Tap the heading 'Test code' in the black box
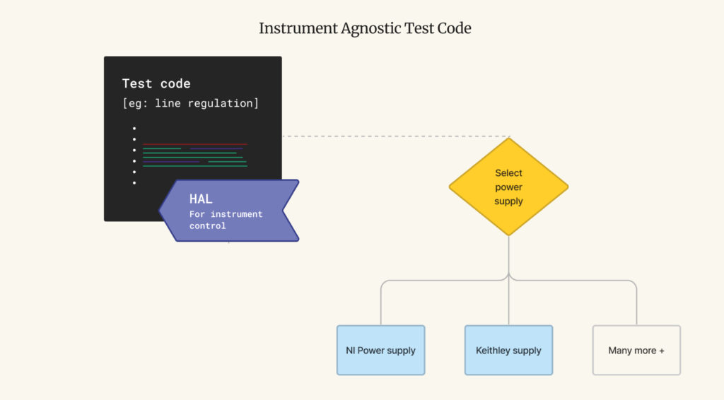coord(156,83)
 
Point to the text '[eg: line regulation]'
coord(191,103)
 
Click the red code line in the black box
coord(195,144)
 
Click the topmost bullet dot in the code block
coord(134,128)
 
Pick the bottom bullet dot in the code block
coord(134,183)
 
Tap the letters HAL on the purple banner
coord(201,199)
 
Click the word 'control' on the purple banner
coord(208,226)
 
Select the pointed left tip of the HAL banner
coord(160,211)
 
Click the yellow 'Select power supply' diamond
coord(508,187)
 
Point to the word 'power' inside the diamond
coord(508,187)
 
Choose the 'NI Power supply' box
coord(380,351)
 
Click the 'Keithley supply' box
coord(508,351)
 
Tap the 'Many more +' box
coord(636,351)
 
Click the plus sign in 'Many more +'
coord(661,351)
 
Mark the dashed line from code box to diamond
coord(396,136)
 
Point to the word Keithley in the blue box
coord(494,351)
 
